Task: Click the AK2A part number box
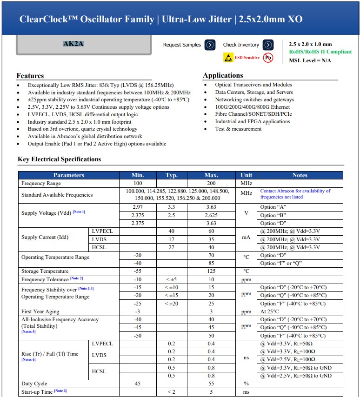tap(73, 45)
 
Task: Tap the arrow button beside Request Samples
tap(210, 45)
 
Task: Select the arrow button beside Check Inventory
tap(268, 45)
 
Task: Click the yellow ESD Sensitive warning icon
tap(228, 58)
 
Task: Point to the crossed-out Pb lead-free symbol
tap(268, 58)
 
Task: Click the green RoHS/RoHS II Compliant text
tap(320, 52)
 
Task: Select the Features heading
tap(30, 76)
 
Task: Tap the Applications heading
tap(223, 75)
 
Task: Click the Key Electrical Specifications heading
tap(59, 159)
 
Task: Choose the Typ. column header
tap(172, 175)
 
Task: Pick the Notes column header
tap(300, 175)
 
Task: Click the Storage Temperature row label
tap(45, 271)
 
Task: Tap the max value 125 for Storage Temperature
tap(211, 271)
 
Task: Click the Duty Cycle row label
tap(34, 384)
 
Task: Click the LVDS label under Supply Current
tap(99, 239)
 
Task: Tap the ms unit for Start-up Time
tap(246, 392)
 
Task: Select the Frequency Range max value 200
tap(211, 184)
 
